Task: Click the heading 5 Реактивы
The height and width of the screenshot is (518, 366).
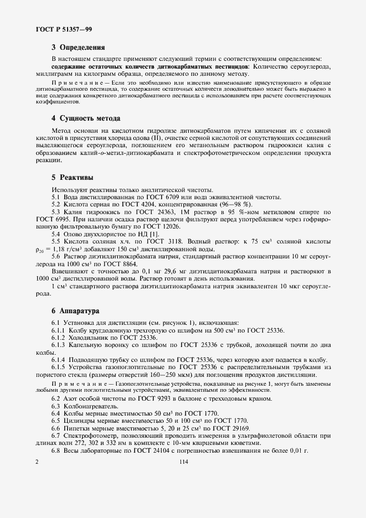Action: [x=72, y=178]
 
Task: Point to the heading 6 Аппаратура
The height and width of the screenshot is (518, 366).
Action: [x=78, y=311]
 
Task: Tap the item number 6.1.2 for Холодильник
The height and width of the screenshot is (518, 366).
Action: [x=59, y=338]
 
